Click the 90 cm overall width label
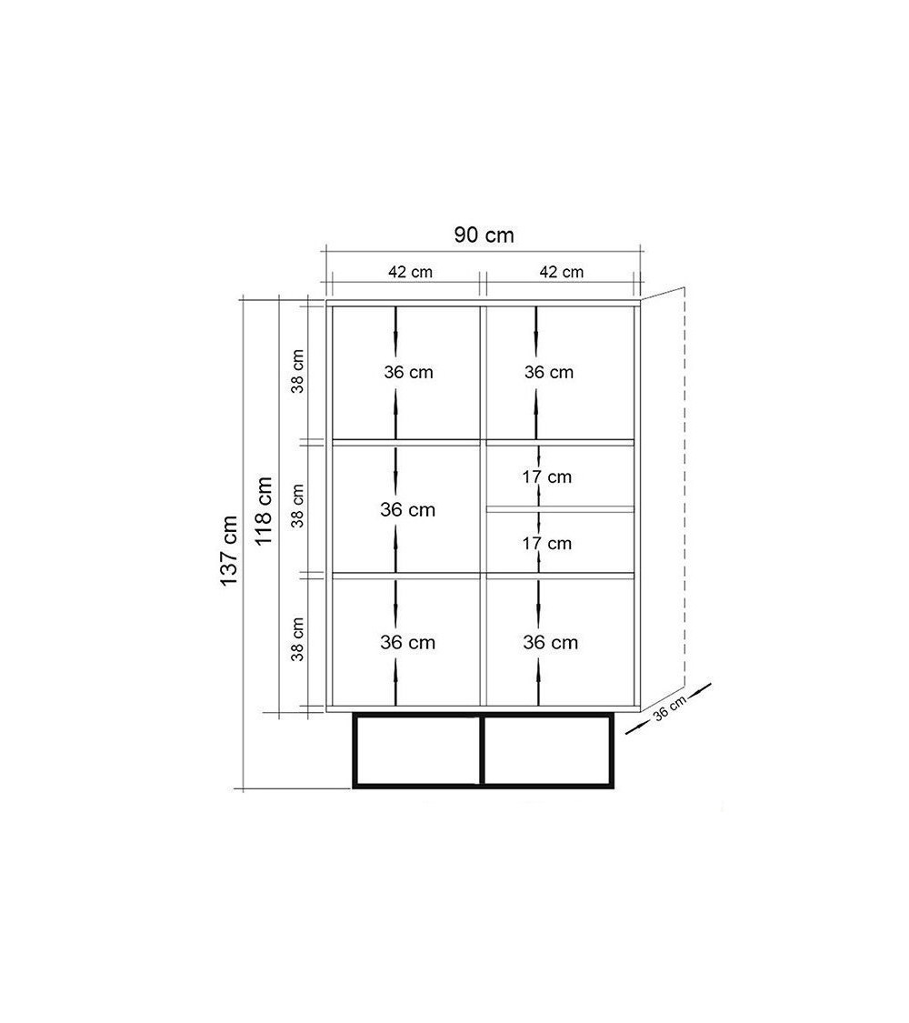click(x=484, y=235)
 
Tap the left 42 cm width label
click(x=410, y=272)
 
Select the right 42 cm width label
click(x=562, y=272)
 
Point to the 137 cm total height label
click(x=229, y=551)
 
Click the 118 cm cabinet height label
click(x=263, y=511)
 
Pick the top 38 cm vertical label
click(x=297, y=371)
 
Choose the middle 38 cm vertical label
click(x=297, y=506)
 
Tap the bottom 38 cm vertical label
click(x=297, y=639)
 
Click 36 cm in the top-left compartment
click(x=408, y=373)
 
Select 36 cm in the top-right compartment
click(x=549, y=373)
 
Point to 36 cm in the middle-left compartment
click(x=407, y=509)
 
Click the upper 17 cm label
click(x=546, y=476)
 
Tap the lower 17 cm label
click(x=546, y=544)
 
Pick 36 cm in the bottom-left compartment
click(x=407, y=643)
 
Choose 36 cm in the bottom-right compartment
click(x=550, y=643)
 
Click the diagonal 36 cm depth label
click(x=670, y=707)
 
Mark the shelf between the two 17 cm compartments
click(x=560, y=509)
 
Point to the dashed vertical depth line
click(x=684, y=486)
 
